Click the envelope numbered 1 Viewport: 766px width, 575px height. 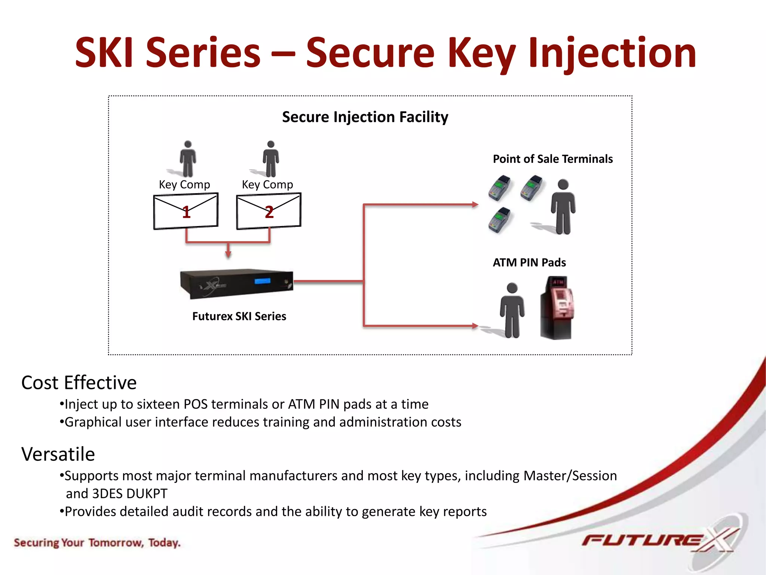pyautogui.click(x=186, y=211)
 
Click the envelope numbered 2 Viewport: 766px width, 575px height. pyautogui.click(x=269, y=211)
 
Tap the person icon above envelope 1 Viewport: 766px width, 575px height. pyautogui.click(x=188, y=159)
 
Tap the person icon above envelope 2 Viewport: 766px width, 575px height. pyautogui.click(x=271, y=159)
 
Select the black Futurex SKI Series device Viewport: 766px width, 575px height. pyautogui.click(x=236, y=283)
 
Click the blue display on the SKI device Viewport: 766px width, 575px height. pyautogui.click(x=262, y=281)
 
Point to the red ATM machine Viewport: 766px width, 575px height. pyautogui.click(x=557, y=308)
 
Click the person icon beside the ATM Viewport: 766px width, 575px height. pyautogui.click(x=512, y=310)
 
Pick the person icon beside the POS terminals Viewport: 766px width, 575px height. pyautogui.click(x=563, y=207)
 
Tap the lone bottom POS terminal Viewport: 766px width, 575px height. pyautogui.click(x=500, y=220)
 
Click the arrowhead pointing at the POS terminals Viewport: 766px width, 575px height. pyautogui.click(x=475, y=204)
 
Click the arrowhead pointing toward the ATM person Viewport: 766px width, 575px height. pyautogui.click(x=475, y=326)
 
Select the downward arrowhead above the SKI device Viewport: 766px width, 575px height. pyautogui.click(x=228, y=254)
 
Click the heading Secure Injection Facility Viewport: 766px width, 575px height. pyautogui.click(x=365, y=117)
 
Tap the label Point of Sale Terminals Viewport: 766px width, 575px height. pyautogui.click(x=552, y=159)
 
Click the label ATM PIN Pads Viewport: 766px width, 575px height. pyautogui.click(x=529, y=262)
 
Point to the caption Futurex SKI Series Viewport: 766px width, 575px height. pyautogui.click(x=239, y=316)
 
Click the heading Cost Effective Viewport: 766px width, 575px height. pyautogui.click(x=79, y=383)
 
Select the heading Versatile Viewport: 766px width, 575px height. pyautogui.click(x=58, y=454)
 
